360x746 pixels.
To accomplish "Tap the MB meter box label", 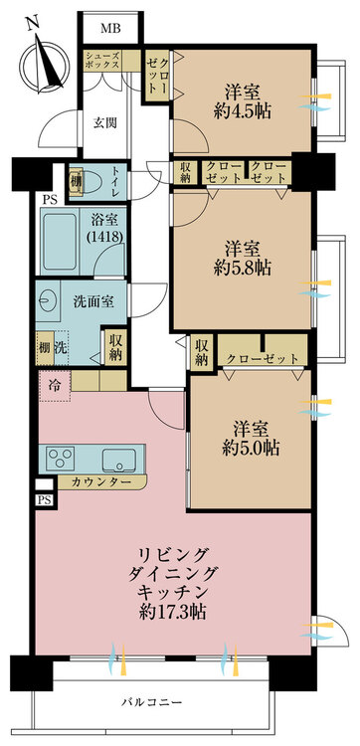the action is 109,28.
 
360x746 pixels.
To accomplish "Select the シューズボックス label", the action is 102,61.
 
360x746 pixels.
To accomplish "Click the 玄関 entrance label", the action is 104,123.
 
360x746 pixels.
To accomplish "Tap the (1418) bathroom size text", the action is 106,235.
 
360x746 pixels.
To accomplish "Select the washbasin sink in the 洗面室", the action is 48,300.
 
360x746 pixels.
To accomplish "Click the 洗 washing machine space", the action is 60,348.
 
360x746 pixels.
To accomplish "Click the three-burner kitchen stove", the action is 61,458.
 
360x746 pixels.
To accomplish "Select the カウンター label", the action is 100,482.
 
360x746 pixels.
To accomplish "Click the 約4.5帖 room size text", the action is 243,110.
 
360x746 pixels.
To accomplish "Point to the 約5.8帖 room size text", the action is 243,269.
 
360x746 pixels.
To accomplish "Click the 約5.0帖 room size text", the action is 251,448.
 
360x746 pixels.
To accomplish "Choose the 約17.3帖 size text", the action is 172,612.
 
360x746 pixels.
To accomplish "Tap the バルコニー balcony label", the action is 151,702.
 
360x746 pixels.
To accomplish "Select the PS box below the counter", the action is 44,500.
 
